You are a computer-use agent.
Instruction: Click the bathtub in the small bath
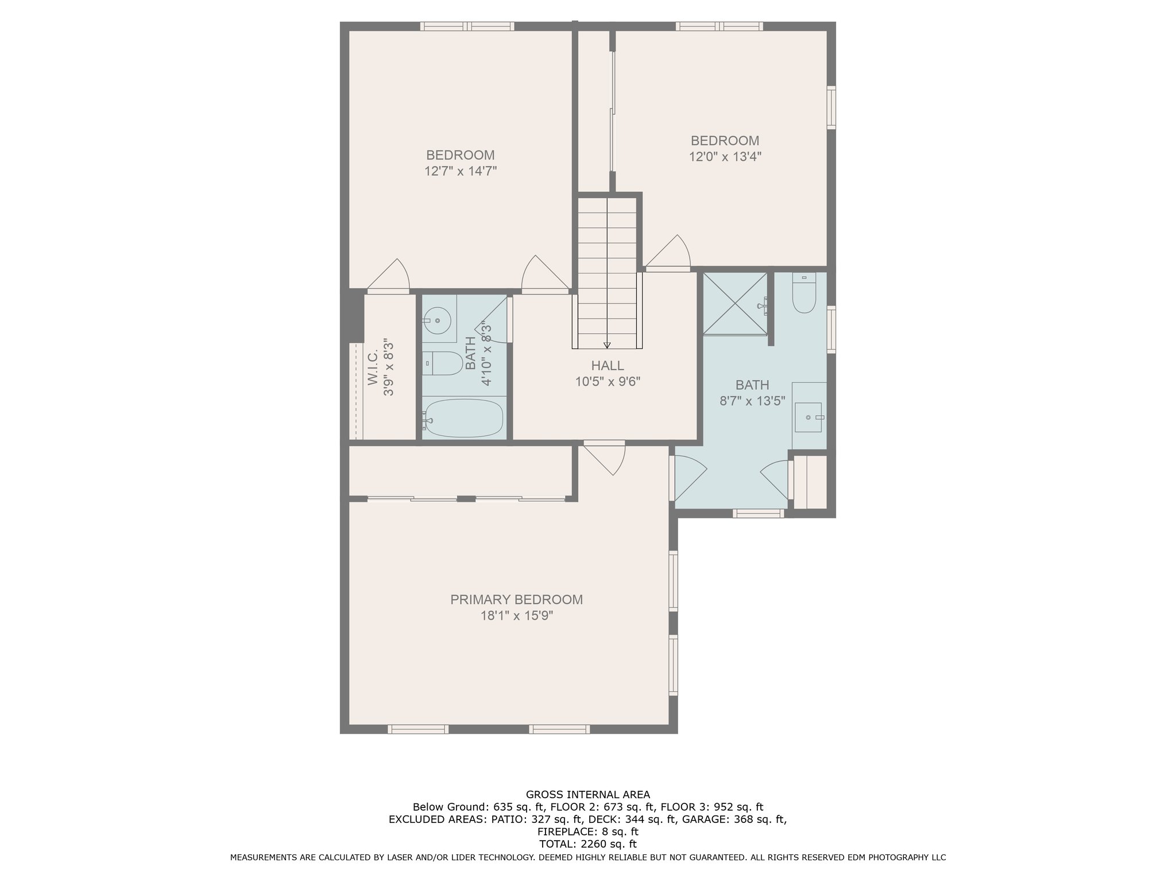463,417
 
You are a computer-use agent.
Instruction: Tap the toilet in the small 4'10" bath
443,363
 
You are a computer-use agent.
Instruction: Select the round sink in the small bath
439,319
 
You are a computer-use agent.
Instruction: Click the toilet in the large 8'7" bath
804,293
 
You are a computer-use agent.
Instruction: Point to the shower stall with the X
735,303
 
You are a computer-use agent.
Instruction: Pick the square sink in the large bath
810,417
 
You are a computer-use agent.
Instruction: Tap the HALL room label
608,366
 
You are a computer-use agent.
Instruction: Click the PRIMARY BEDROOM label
516,599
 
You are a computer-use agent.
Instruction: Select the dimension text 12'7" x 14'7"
461,171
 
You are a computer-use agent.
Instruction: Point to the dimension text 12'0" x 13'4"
725,157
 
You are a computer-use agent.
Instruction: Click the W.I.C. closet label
373,368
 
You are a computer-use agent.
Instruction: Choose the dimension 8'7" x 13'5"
752,401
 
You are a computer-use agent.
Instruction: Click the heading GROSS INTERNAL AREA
588,795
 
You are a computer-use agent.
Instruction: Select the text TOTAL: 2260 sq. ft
588,844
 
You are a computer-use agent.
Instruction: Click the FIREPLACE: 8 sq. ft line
588,831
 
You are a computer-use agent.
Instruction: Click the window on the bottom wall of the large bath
759,513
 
